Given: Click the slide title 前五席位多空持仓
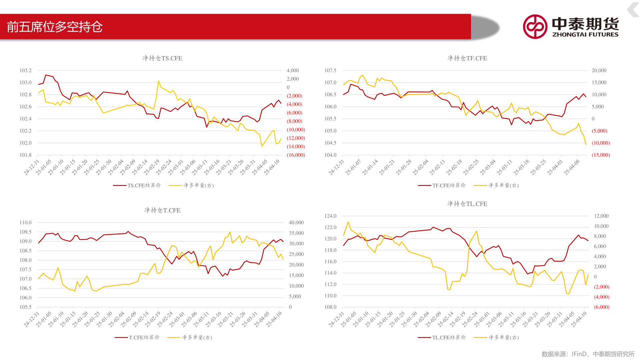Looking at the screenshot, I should [55, 27].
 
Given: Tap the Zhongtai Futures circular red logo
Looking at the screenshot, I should [535, 27].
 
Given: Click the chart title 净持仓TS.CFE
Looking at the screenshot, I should [162, 58].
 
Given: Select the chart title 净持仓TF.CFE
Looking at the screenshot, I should [467, 58].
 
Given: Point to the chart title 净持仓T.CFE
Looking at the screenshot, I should [162, 210].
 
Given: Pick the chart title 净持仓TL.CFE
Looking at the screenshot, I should [467, 204].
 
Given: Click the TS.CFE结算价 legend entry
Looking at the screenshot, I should [137, 185].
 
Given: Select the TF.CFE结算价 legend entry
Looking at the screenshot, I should [442, 185].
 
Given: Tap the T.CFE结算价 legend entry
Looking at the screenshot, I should [137, 337].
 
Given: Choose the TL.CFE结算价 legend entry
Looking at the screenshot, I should [442, 337].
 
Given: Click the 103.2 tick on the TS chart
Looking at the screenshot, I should [25, 70].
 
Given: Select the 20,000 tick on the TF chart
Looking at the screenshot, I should [599, 70].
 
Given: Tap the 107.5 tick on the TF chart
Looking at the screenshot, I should [330, 70].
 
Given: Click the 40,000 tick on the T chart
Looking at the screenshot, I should [296, 222].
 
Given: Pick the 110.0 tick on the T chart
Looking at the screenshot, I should [25, 222].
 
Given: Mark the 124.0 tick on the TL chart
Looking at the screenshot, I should [330, 216].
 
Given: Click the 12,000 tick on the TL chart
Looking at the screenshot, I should [601, 216].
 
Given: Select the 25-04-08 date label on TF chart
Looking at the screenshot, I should [572, 167].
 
